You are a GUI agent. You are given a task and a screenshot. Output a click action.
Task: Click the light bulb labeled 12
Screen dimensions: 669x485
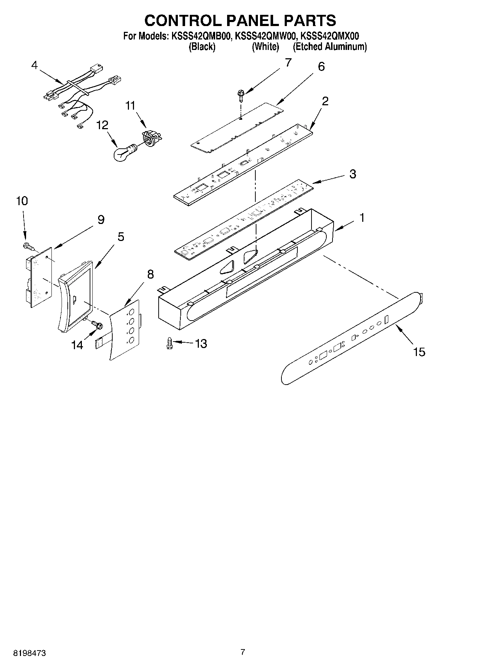click(x=122, y=153)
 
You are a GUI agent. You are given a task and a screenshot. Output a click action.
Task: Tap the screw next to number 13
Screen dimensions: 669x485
click(x=168, y=343)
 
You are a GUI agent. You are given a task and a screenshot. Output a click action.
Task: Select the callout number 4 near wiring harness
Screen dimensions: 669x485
click(x=34, y=65)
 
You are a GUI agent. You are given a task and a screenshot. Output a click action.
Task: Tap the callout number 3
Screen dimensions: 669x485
click(x=352, y=174)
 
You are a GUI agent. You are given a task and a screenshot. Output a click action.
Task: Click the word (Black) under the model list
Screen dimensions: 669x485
click(x=202, y=47)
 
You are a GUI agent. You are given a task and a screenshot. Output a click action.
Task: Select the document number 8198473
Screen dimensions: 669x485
click(x=29, y=653)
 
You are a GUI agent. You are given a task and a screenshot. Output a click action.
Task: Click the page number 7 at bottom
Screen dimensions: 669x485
click(x=243, y=652)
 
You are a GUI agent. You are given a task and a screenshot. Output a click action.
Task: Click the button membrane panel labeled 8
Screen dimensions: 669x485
click(x=125, y=329)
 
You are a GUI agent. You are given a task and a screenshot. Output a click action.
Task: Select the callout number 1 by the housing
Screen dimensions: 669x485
click(x=361, y=218)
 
